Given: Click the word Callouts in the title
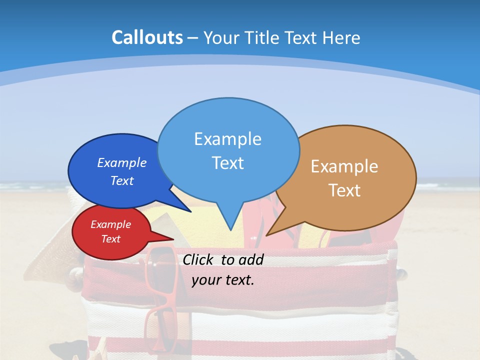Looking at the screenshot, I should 147,37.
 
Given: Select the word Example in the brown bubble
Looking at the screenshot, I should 344,166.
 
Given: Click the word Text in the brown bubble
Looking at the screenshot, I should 344,190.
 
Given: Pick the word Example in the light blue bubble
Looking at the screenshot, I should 227,139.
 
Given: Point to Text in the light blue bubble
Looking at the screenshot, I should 227,163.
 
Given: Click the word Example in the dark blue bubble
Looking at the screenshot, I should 122,163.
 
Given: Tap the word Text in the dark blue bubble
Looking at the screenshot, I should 122,181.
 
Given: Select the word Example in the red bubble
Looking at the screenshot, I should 111,224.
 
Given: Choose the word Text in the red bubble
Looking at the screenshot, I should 111,239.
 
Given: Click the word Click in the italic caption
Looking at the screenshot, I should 200,259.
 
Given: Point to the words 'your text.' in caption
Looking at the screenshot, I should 223,280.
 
